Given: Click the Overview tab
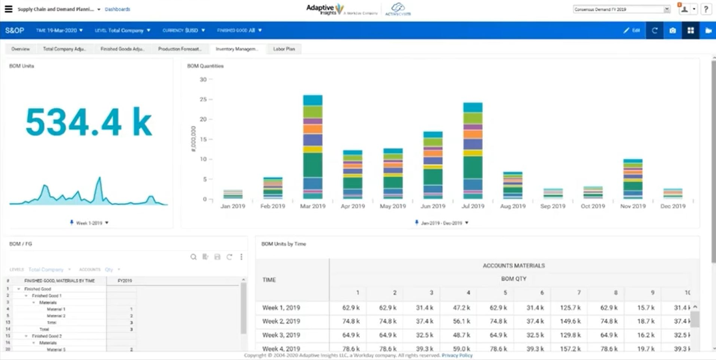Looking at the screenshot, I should pyautogui.click(x=20, y=49).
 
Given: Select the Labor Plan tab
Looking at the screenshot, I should pyautogui.click(x=283, y=49).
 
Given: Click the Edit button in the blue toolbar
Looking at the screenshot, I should pyautogui.click(x=631, y=31).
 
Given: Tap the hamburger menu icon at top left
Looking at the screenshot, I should pyautogui.click(x=8, y=9).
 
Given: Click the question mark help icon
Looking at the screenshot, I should pyautogui.click(x=706, y=9).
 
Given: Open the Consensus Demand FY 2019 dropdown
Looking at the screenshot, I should pyautogui.click(x=621, y=9).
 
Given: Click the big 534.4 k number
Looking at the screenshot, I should pyautogui.click(x=89, y=121).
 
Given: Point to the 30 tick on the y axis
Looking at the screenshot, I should pyautogui.click(x=202, y=79).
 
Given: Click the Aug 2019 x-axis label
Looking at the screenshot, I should pyautogui.click(x=513, y=206).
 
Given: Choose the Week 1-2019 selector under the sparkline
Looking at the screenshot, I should pyautogui.click(x=89, y=223).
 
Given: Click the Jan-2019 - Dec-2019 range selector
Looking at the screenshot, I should pyautogui.click(x=441, y=223).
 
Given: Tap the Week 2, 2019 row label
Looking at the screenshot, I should pyautogui.click(x=281, y=322).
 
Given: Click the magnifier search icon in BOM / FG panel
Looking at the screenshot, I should pyautogui.click(x=193, y=257).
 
